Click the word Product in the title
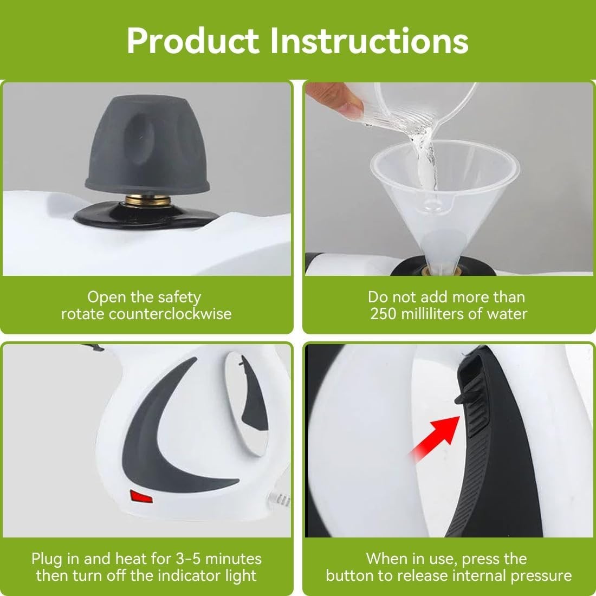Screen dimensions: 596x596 point(193,41)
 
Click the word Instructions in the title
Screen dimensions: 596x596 point(369,41)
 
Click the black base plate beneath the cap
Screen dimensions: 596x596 point(146,216)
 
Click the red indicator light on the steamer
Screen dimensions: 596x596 point(141,496)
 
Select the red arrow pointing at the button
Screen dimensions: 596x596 point(435,438)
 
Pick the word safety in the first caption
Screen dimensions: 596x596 point(179,297)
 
